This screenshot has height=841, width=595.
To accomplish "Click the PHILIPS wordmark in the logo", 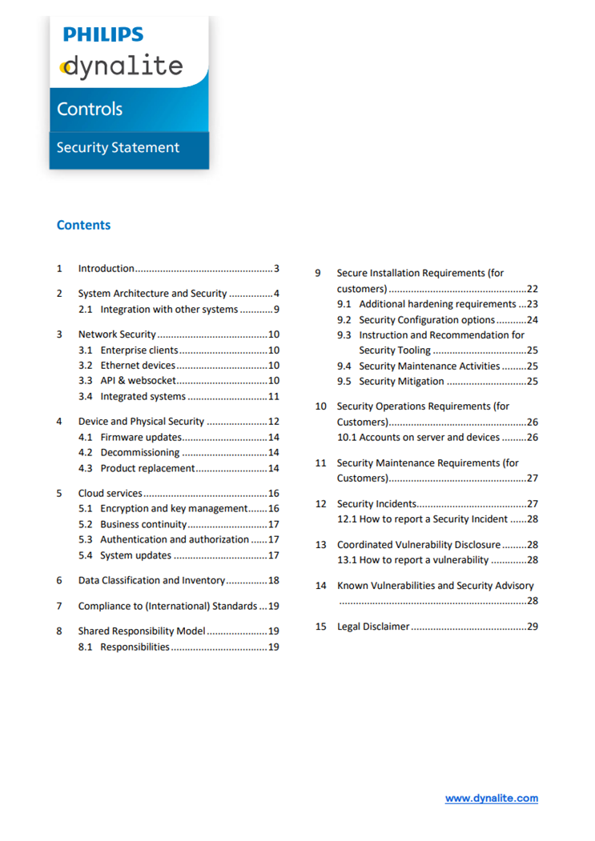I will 103,34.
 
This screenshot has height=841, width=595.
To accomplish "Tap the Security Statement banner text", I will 118,147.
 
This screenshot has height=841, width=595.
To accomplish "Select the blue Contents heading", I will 83,225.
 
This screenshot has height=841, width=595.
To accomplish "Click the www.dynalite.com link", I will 491,798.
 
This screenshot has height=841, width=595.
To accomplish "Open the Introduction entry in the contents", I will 106,269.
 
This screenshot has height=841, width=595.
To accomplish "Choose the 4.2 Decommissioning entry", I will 139,453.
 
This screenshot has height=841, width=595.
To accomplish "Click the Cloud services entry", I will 110,493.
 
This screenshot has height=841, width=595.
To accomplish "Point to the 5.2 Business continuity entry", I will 143,524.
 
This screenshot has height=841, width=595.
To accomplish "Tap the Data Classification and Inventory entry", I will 151,580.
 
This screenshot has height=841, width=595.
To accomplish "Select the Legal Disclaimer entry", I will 373,627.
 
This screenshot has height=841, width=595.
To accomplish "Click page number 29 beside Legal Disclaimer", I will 532,627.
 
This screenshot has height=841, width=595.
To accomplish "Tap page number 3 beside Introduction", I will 275,269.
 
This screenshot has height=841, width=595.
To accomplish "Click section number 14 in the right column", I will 320,586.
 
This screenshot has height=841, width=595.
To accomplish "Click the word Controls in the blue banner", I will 90,109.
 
